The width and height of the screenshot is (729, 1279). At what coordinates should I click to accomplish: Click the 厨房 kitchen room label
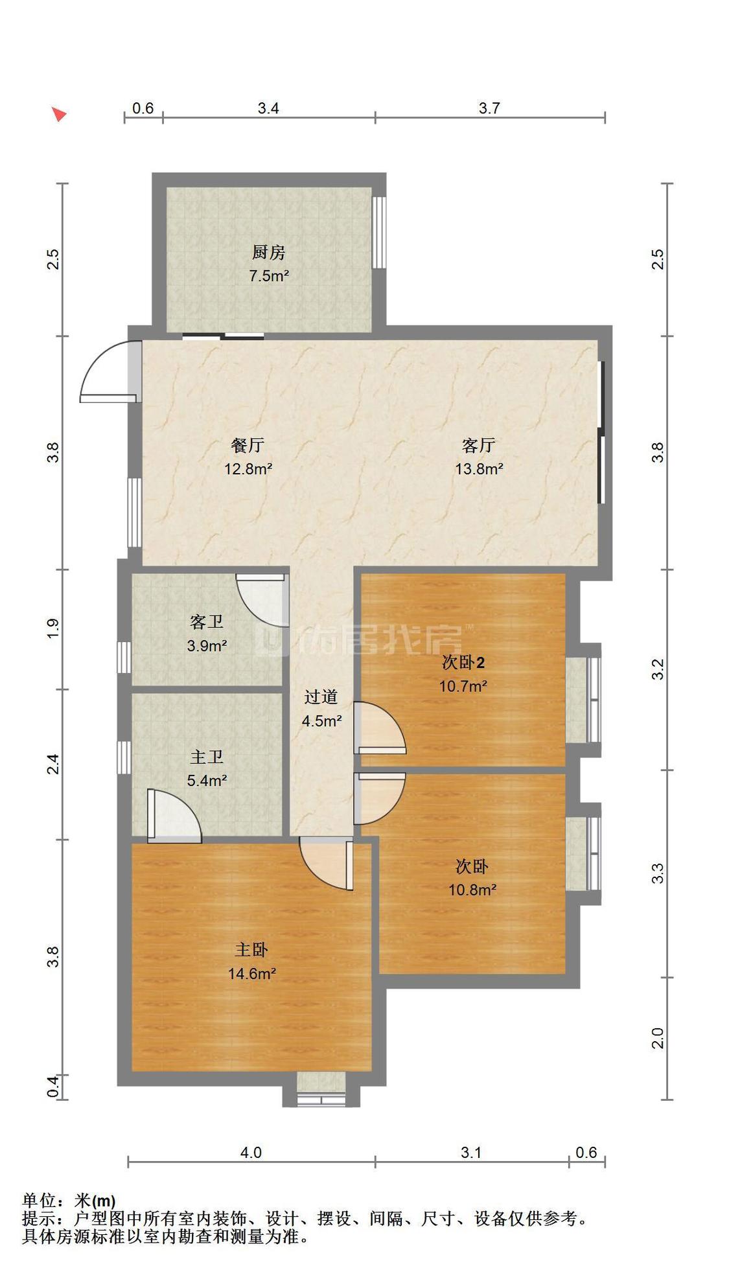pyautogui.click(x=268, y=252)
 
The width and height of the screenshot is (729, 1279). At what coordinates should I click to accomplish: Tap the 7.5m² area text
pyautogui.click(x=269, y=275)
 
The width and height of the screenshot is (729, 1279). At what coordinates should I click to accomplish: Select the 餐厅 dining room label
pyautogui.click(x=248, y=445)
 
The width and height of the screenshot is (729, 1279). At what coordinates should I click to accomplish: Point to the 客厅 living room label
pyautogui.click(x=479, y=445)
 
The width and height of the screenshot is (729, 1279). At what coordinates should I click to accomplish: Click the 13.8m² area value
pyautogui.click(x=479, y=468)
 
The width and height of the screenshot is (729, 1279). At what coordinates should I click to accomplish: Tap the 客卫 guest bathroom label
pyautogui.click(x=207, y=622)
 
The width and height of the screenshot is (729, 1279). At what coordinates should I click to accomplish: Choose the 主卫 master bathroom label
pyautogui.click(x=207, y=757)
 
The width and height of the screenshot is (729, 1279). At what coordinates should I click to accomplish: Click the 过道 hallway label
pyautogui.click(x=321, y=697)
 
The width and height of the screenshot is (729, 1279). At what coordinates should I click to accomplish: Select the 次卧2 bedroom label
pyautogui.click(x=463, y=662)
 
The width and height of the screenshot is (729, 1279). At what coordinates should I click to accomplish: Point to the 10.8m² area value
pyautogui.click(x=472, y=890)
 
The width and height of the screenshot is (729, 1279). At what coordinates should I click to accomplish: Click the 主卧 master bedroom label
pyautogui.click(x=251, y=950)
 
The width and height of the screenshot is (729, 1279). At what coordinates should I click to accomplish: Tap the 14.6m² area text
pyautogui.click(x=252, y=973)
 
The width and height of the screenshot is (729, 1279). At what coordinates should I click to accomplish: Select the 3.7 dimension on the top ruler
pyautogui.click(x=489, y=108)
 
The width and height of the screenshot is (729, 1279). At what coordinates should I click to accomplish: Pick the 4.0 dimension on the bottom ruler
pyautogui.click(x=251, y=1153)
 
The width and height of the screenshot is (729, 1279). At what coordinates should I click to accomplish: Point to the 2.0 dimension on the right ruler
pyautogui.click(x=658, y=1038)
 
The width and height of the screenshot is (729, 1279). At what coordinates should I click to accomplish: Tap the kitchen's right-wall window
pyautogui.click(x=379, y=233)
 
